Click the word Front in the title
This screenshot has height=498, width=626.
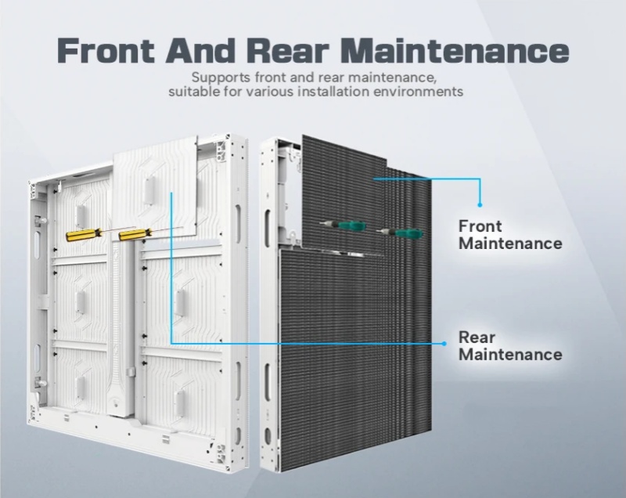106,51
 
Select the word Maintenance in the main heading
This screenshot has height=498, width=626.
455,51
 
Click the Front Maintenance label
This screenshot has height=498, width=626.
510,235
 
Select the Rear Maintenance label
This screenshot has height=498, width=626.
510,346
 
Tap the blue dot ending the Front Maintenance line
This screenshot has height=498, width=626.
480,205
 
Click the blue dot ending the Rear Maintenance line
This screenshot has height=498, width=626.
444,344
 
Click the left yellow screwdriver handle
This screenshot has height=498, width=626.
83,235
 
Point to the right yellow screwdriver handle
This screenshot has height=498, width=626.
135,234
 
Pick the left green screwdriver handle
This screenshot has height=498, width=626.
352,226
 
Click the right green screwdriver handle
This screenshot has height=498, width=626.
409,233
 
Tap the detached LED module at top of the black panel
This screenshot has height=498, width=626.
344,194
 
